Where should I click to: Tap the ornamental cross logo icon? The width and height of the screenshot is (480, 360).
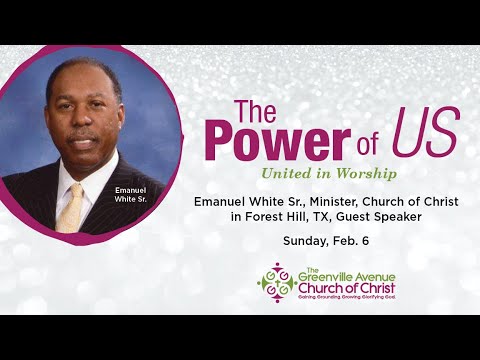tap(277, 281)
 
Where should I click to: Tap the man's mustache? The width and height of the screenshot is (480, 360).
tap(82, 133)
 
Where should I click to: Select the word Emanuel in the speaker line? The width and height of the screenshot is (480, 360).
tap(221, 202)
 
